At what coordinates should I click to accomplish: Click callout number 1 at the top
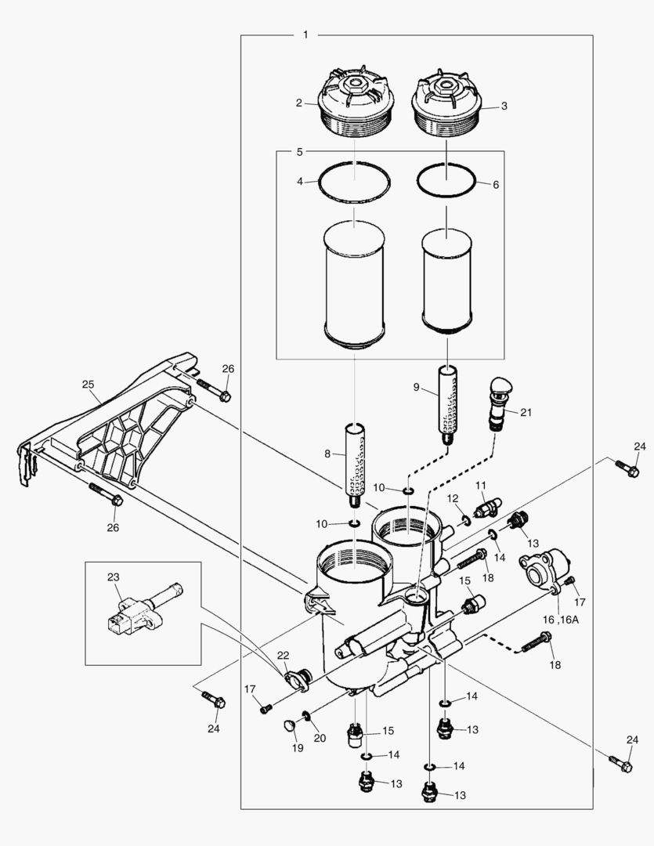[x=305, y=35]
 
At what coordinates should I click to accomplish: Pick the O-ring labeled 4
[x=354, y=183]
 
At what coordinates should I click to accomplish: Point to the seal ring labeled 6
[x=446, y=183]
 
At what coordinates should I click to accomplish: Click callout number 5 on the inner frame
[x=299, y=151]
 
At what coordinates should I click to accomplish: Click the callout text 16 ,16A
[x=558, y=619]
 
